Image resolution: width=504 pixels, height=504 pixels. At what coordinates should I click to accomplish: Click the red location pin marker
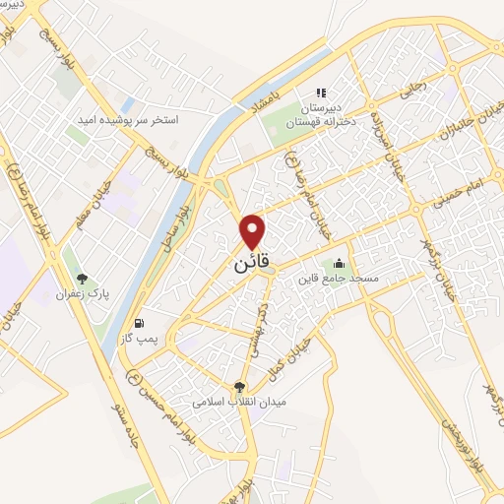click(x=254, y=231)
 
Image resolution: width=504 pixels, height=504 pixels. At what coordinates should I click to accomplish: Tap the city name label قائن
click(x=254, y=266)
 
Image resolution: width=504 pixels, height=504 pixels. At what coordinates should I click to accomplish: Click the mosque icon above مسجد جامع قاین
click(x=339, y=263)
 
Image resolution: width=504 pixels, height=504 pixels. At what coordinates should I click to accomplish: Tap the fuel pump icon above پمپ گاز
click(x=138, y=324)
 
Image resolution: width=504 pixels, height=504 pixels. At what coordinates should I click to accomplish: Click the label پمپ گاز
click(x=137, y=340)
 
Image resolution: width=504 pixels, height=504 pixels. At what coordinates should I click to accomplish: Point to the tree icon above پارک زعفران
click(x=82, y=279)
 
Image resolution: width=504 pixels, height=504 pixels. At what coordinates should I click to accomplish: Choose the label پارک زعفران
click(x=81, y=294)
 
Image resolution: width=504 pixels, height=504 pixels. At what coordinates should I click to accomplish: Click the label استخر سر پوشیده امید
click(x=129, y=119)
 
